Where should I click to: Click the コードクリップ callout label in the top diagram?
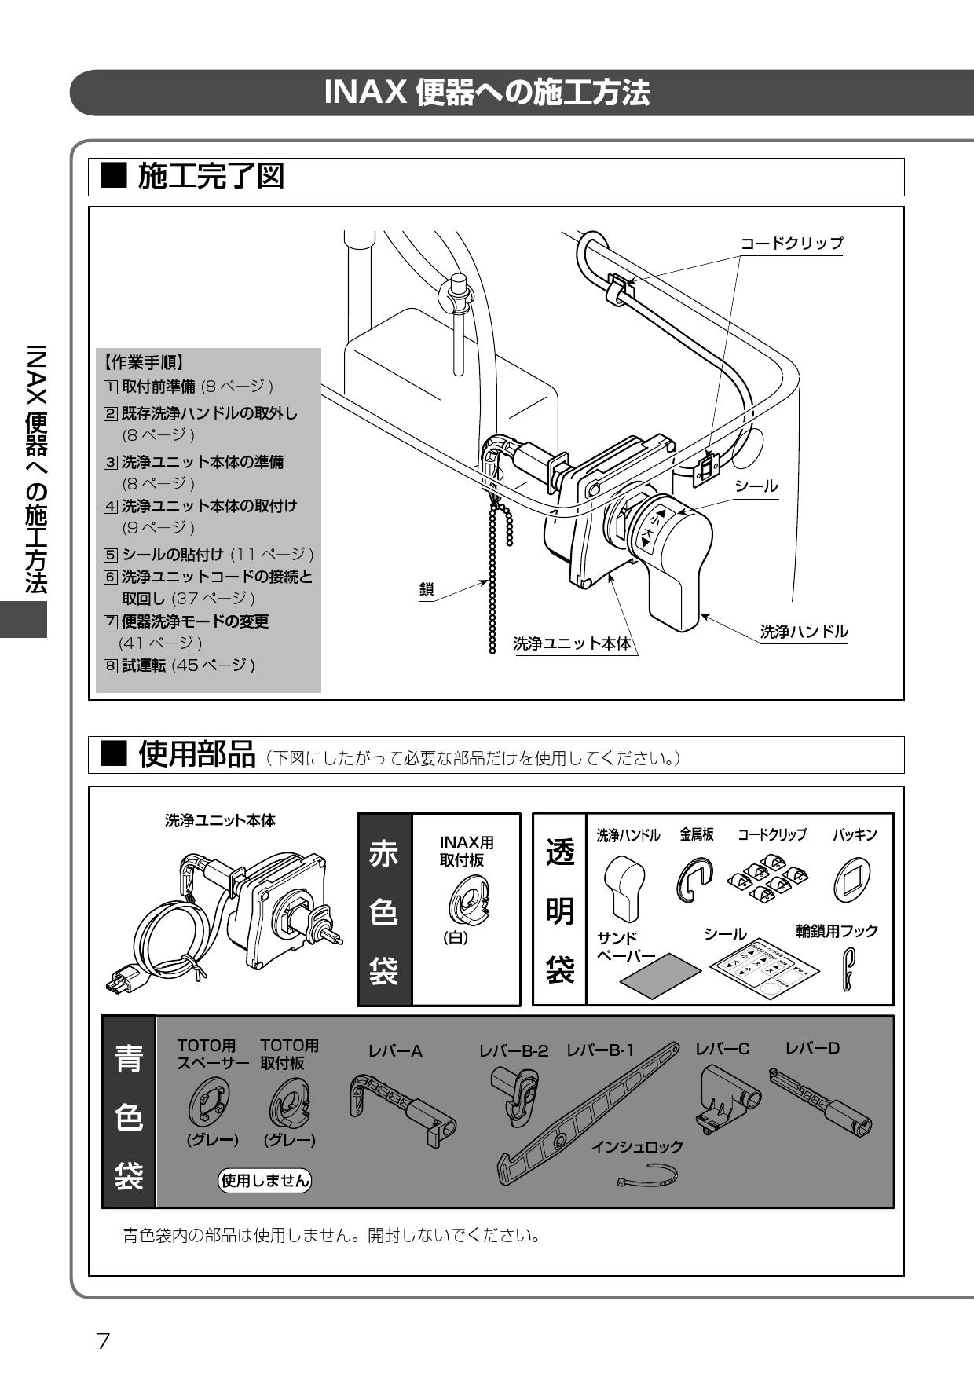point(792,243)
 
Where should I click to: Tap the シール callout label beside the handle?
point(756,486)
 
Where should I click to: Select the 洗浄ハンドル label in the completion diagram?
point(804,632)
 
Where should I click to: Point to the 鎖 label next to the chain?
point(427,590)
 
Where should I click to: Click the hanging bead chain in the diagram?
point(493,581)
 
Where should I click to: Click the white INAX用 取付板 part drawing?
point(466,897)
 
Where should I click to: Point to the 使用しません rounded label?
point(265,1179)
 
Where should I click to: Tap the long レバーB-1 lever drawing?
point(588,1114)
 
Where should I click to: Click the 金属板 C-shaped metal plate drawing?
point(695,879)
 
